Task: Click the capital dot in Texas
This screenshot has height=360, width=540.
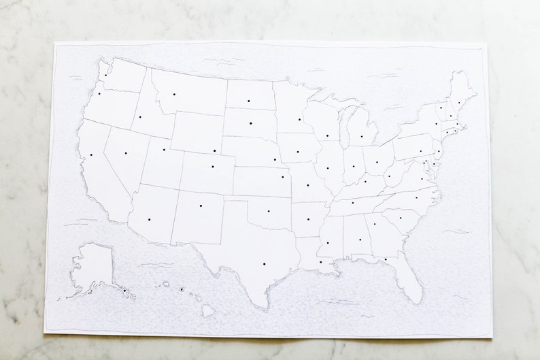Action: click(x=263, y=264)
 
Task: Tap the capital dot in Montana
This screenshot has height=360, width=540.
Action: click(x=174, y=94)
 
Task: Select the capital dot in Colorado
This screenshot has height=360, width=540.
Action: click(x=212, y=167)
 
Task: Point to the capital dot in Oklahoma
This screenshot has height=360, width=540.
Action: click(x=268, y=212)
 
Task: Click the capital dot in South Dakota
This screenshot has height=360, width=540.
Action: click(x=251, y=125)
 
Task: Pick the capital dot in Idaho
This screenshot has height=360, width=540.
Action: click(x=139, y=117)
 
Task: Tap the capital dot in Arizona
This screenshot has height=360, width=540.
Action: click(x=149, y=219)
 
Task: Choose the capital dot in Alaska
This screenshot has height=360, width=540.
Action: click(x=124, y=291)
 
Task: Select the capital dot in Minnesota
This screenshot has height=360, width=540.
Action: click(x=299, y=120)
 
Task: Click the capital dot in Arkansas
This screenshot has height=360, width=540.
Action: click(x=308, y=220)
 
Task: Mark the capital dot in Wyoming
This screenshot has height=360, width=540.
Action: click(x=214, y=150)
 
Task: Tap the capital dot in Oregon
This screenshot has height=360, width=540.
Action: click(x=99, y=93)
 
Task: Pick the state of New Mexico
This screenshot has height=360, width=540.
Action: click(x=197, y=218)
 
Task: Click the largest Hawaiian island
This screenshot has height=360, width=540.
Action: click(x=207, y=310)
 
